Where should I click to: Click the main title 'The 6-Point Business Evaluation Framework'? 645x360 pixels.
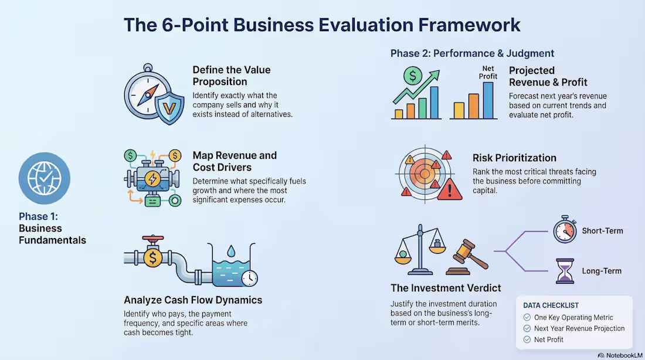click(x=322, y=25)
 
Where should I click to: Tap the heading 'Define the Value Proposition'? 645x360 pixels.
click(x=232, y=75)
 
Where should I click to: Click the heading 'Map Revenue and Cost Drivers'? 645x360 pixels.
click(x=235, y=161)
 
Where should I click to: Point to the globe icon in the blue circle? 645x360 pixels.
click(x=44, y=178)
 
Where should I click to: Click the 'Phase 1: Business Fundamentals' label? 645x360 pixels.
click(x=52, y=228)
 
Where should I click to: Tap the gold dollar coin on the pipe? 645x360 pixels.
click(x=152, y=257)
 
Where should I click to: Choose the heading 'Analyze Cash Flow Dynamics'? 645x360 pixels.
click(x=193, y=300)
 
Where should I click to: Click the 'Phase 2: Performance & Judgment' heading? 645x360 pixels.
click(x=472, y=53)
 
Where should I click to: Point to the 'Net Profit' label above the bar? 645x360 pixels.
click(x=488, y=72)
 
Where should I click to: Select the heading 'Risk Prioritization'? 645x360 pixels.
click(x=514, y=158)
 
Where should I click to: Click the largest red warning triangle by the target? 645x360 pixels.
click(x=450, y=189)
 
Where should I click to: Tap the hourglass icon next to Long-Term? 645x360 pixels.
click(x=565, y=271)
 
